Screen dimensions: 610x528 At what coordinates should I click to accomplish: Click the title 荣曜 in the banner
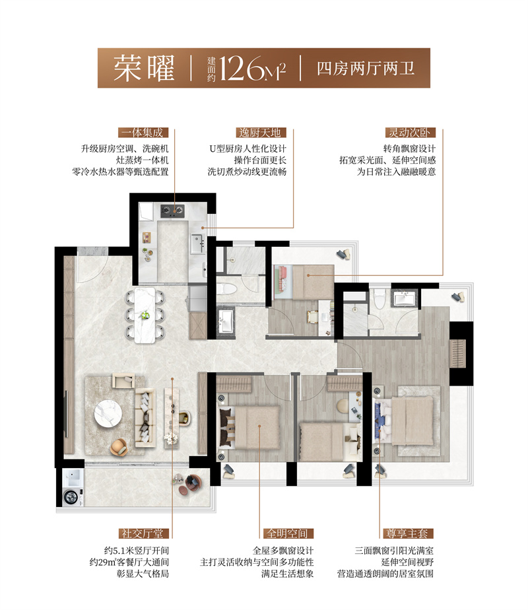pos(143,68)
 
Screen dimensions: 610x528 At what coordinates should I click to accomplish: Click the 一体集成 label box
pos(142,131)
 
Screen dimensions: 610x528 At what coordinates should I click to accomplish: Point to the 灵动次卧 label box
pos(405,131)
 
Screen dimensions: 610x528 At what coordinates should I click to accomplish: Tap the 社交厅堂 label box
pos(142,533)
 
